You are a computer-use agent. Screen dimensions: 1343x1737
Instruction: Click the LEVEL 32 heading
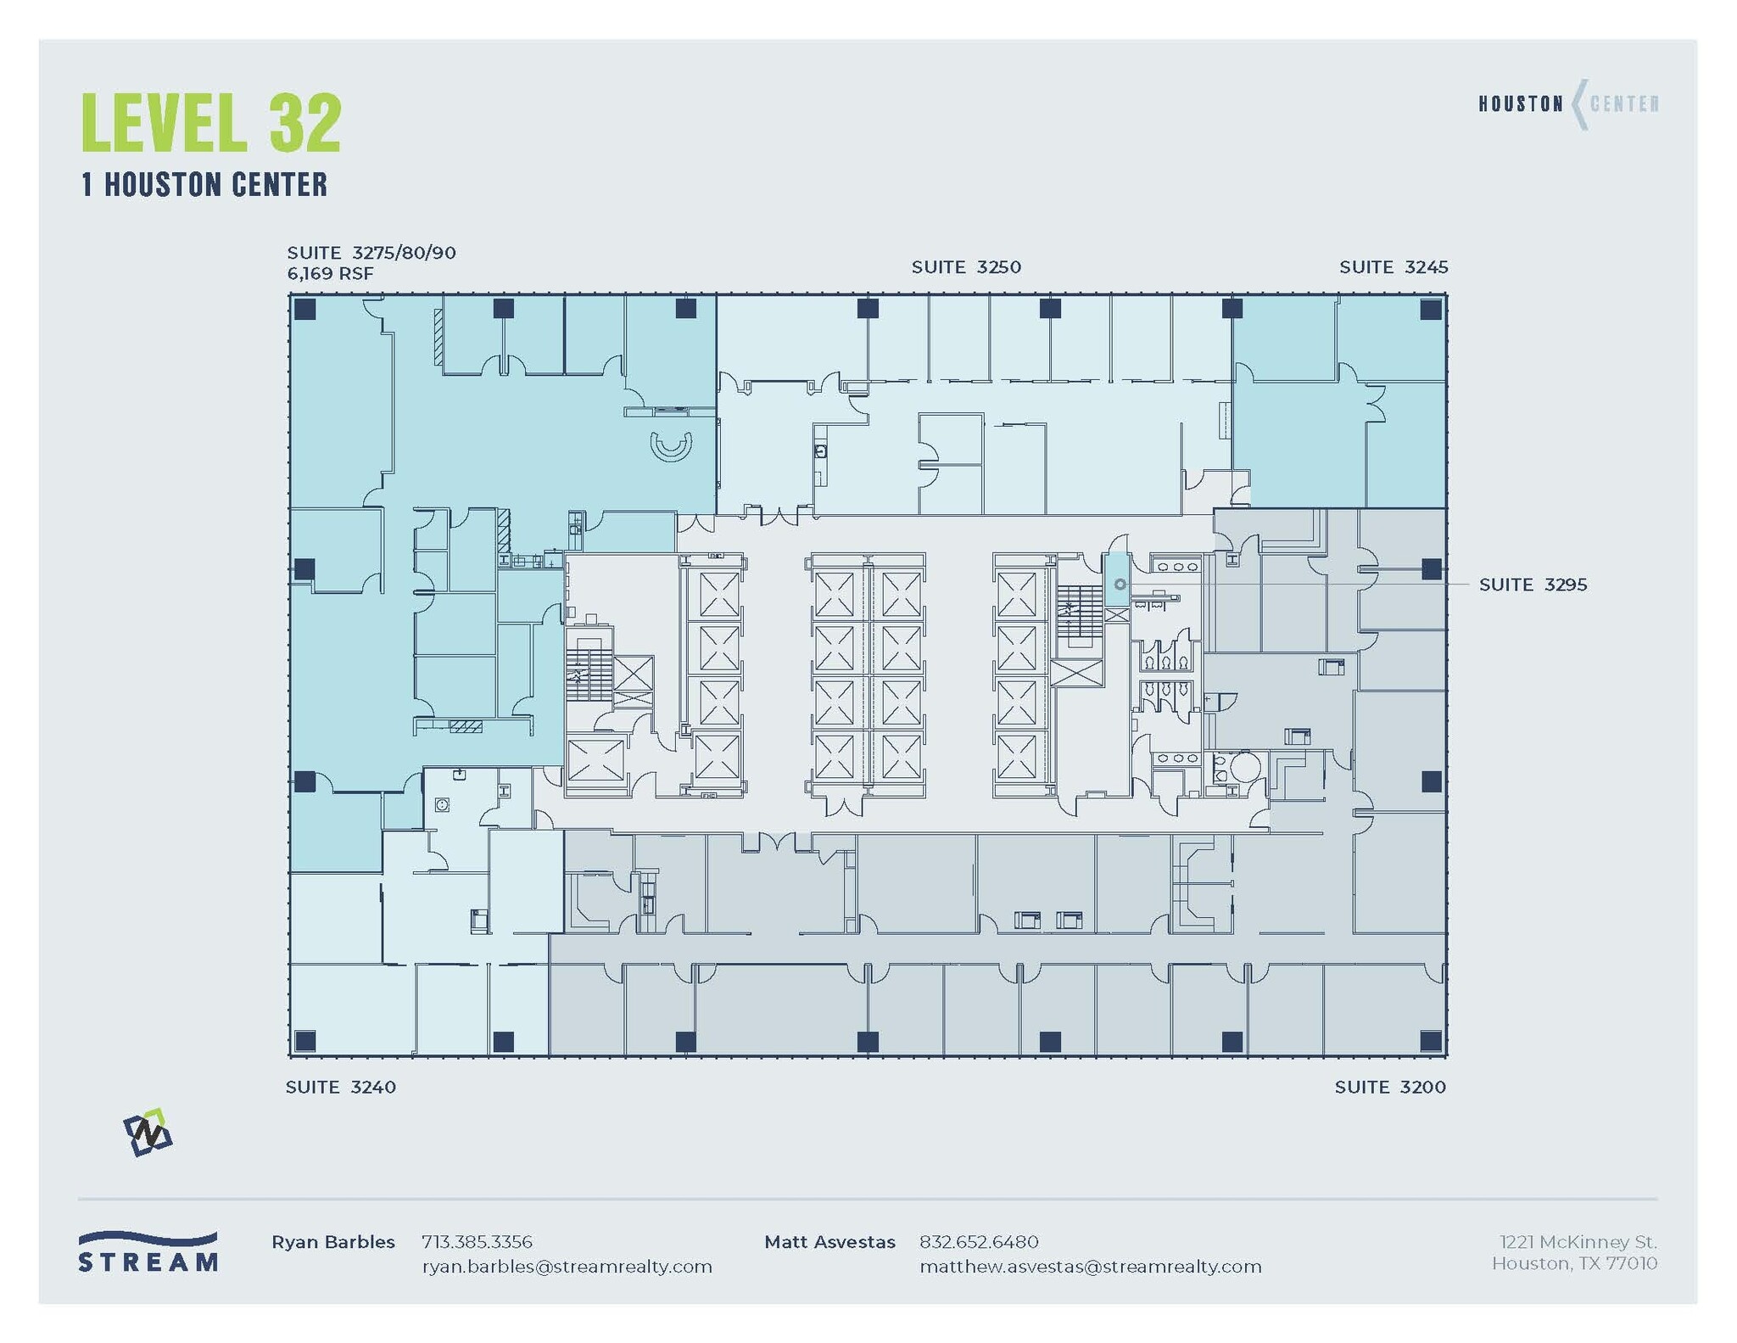pos(211,123)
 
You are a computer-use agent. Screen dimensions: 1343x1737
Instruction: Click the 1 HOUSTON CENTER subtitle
pos(204,185)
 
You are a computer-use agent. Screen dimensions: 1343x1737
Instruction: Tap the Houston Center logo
pos(1568,104)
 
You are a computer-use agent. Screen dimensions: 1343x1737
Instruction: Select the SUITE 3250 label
pos(966,267)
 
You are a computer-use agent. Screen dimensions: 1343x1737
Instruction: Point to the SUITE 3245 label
pos(1394,267)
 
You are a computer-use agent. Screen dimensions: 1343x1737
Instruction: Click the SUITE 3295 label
pos(1533,585)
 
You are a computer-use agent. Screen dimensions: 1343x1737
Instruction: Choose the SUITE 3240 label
pos(341,1087)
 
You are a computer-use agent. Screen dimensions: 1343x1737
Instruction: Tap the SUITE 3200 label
pos(1390,1087)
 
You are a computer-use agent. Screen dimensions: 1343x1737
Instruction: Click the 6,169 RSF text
pos(330,273)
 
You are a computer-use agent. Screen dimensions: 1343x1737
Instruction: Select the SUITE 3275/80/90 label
pos(371,253)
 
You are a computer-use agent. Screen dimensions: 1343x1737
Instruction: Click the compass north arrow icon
pos(148,1133)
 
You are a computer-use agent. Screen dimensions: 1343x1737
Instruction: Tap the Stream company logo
pos(148,1252)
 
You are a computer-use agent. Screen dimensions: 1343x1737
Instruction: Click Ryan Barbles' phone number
pos(477,1242)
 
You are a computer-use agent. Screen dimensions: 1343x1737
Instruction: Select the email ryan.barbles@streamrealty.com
pos(567,1267)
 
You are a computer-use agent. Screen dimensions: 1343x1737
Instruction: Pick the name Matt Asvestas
pos(829,1242)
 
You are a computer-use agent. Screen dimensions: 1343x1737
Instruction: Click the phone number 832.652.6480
pos(979,1242)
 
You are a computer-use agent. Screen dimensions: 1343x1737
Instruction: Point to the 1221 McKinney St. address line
pos(1578,1242)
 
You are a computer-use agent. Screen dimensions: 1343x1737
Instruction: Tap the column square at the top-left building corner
pos(305,309)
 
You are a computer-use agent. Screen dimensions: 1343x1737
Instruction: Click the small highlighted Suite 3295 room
pos(1117,579)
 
